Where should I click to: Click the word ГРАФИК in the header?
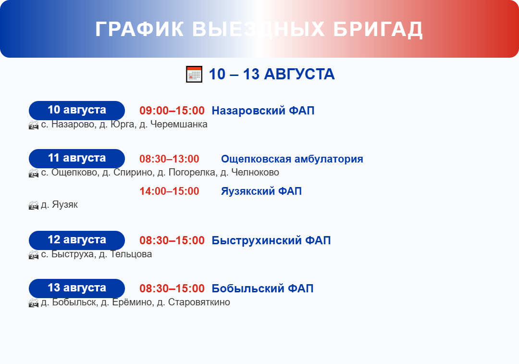tap(139, 29)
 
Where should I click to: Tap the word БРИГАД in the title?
tap(378, 29)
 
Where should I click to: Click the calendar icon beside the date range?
tap(194, 74)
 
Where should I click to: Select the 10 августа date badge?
tap(77, 110)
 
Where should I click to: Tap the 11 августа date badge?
tap(77, 158)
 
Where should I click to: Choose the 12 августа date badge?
tap(77, 240)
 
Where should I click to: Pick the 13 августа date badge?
tap(77, 288)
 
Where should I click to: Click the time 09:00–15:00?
tap(172, 111)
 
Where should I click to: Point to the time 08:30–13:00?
tap(169, 159)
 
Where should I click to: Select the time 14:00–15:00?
tap(169, 191)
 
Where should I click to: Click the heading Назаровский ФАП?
tap(263, 111)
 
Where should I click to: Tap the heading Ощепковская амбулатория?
tap(292, 159)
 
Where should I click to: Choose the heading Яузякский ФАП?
tap(261, 191)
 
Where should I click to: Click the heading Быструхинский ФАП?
tap(271, 240)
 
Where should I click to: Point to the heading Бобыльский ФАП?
tap(262, 289)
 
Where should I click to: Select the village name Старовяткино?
tap(199, 302)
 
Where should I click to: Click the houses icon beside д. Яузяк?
tap(34, 205)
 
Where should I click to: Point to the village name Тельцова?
tap(131, 254)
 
